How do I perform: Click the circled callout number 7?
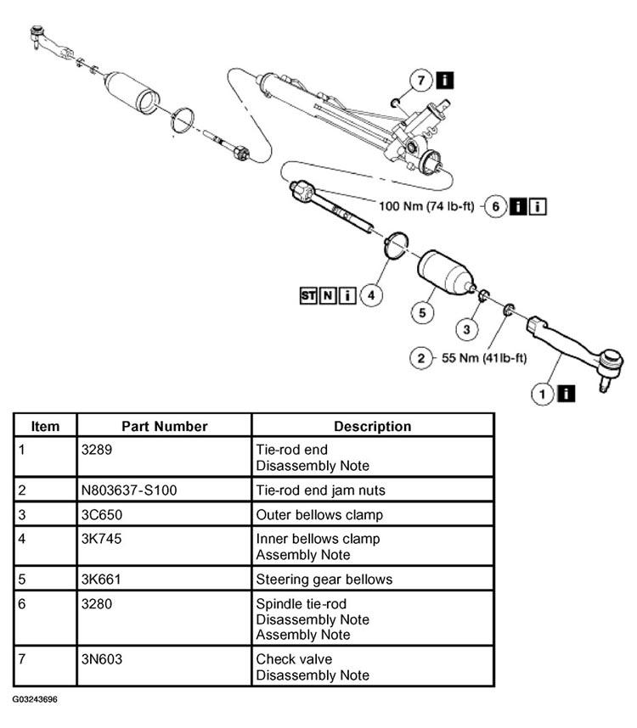point(420,81)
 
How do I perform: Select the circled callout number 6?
point(495,207)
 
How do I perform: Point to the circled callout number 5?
point(422,312)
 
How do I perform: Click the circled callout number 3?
point(466,328)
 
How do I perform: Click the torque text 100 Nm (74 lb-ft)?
point(426,207)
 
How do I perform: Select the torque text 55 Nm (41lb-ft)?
point(484,358)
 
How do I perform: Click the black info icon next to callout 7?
point(445,81)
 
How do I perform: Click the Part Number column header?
point(164,426)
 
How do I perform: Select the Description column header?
point(372,426)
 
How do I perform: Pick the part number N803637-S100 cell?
point(129,490)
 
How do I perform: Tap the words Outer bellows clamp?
point(318,514)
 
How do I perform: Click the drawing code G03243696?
point(36,701)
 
